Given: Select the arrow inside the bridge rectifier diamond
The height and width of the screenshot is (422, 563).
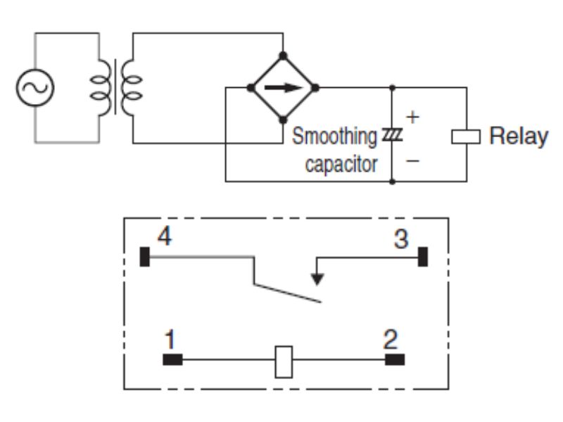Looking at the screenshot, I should (283, 87).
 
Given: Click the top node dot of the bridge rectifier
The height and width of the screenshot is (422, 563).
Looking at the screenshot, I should (283, 55).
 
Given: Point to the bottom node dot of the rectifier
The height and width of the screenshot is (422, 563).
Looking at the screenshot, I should (283, 120).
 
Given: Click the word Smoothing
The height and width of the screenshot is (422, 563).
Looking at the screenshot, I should (334, 136).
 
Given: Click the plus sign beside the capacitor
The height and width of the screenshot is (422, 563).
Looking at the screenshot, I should (413, 116).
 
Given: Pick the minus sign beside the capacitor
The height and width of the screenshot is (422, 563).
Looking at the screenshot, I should (413, 161).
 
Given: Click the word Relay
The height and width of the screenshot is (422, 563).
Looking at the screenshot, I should (518, 136).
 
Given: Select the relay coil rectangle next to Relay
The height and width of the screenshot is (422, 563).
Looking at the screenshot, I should (465, 136).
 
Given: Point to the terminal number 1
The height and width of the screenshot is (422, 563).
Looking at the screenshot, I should (167, 341).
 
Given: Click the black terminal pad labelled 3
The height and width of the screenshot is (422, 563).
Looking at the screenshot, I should (423, 257).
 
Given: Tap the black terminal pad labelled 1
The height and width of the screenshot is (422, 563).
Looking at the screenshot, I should (172, 360).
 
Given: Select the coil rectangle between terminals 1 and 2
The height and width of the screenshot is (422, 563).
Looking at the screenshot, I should (283, 360).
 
